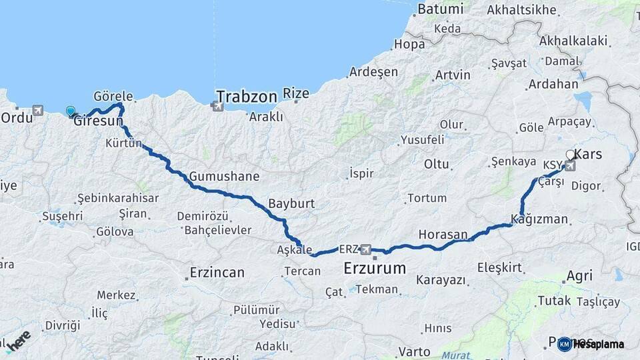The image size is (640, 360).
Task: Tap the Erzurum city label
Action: (375, 269)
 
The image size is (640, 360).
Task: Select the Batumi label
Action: (440, 9)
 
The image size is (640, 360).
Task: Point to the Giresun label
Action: (98, 122)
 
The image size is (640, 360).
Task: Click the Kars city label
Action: (587, 154)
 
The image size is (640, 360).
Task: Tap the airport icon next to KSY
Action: (570, 165)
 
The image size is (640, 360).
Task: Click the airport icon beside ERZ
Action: (365, 249)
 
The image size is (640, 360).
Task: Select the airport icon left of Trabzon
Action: (217, 105)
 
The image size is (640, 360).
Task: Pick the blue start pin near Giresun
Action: (70, 111)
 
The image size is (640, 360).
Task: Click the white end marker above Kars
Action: (571, 155)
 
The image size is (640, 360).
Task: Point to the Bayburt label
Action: (291, 203)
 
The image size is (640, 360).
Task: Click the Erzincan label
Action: (217, 272)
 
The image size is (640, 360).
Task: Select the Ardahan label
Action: (553, 85)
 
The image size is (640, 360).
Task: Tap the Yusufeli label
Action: (422, 140)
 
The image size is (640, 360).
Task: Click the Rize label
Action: (296, 93)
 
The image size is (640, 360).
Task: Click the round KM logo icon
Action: (565, 344)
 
